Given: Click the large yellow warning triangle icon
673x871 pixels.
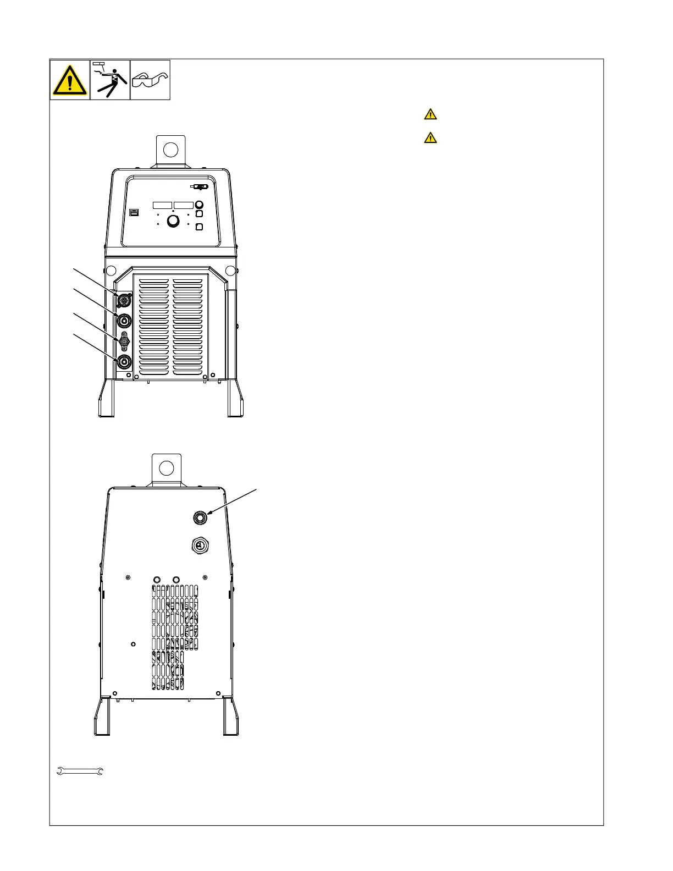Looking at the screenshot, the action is click(70, 80).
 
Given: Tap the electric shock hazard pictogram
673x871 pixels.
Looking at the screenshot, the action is click(110, 80).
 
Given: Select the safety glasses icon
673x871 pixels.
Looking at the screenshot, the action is click(150, 80).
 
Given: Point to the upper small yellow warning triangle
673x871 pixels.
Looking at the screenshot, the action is click(431, 114).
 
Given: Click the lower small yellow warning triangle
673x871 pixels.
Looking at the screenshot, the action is click(431, 137).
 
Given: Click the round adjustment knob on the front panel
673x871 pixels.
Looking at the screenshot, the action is click(173, 221).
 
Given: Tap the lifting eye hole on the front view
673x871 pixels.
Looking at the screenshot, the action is click(171, 149).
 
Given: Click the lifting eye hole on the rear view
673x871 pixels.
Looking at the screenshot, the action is click(166, 468).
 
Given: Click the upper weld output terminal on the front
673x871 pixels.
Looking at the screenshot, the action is click(124, 320).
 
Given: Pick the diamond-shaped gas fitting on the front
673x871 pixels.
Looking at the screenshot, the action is click(125, 341).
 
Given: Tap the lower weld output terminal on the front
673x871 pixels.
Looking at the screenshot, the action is click(124, 361).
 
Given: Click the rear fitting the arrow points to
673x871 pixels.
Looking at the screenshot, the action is click(200, 517).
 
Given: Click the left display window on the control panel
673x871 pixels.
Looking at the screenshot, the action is click(163, 205).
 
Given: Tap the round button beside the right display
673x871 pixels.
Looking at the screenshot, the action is click(200, 205).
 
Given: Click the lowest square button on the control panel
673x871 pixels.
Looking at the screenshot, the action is click(200, 227).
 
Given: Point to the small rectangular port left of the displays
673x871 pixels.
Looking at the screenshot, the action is click(134, 212).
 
